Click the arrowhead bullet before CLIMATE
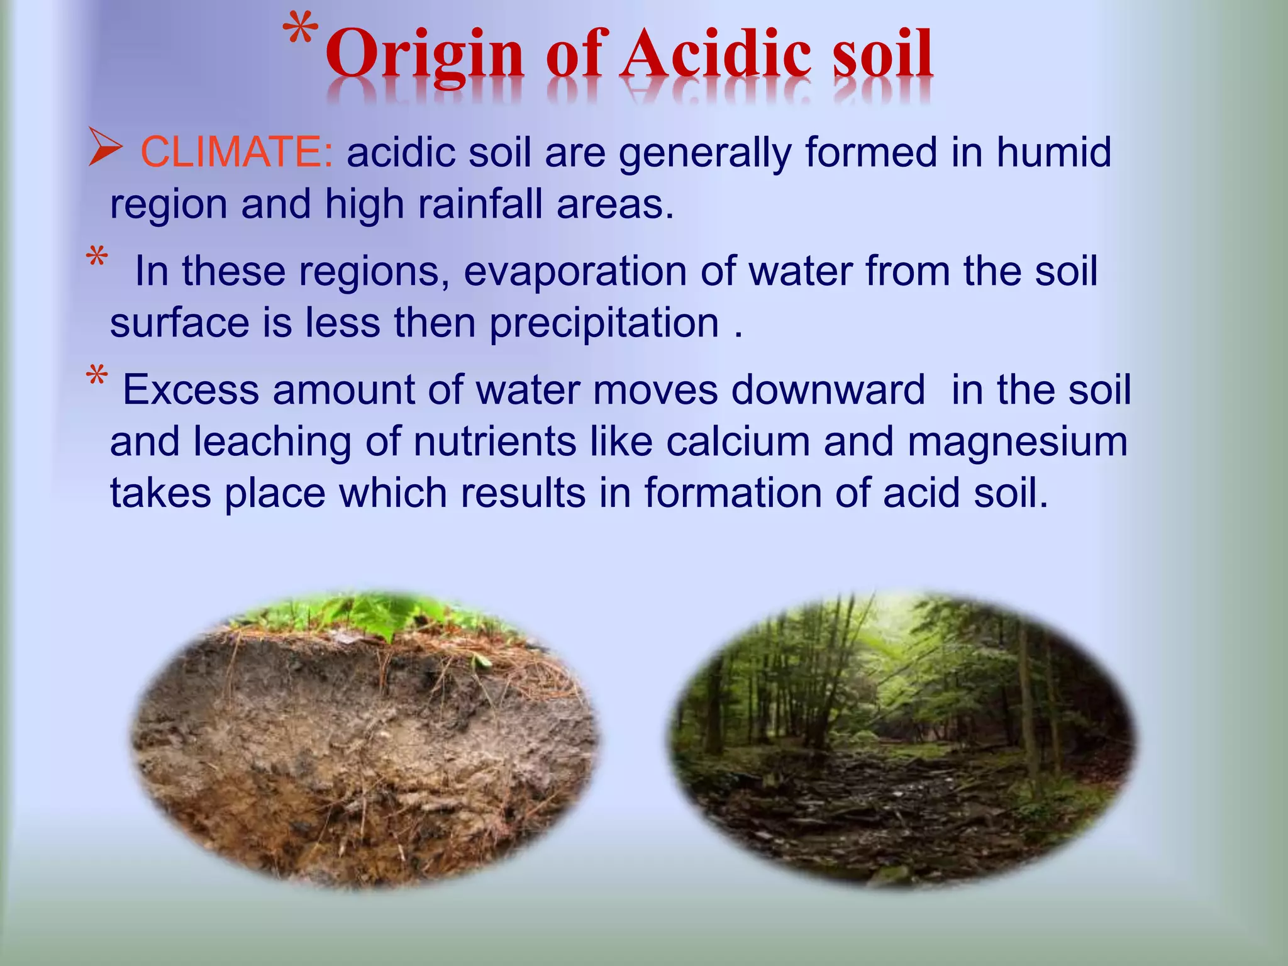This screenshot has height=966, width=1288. click(x=104, y=147)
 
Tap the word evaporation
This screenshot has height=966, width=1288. click(x=575, y=272)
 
